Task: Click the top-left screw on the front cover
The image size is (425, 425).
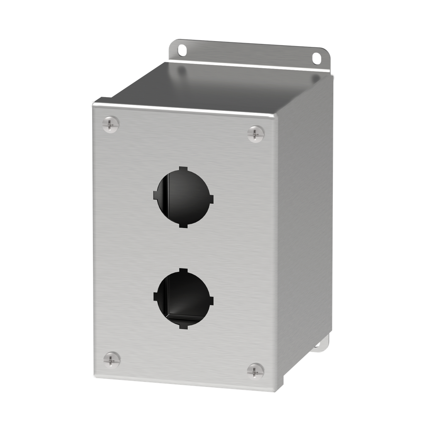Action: (110, 124)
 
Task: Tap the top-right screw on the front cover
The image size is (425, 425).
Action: (256, 134)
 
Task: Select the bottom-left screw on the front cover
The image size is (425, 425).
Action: (112, 359)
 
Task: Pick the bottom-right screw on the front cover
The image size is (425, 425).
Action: (255, 371)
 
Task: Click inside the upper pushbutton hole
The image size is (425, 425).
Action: (183, 197)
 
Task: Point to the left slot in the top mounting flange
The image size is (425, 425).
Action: (182, 51)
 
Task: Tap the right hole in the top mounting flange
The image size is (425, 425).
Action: (317, 58)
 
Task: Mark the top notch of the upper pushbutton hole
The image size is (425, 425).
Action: (184, 169)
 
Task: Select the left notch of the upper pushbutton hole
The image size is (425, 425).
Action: (156, 195)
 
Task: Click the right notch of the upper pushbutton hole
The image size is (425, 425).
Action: (211, 199)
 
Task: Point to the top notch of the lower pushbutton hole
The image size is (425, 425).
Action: (184, 271)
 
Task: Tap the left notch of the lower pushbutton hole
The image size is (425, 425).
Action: (156, 296)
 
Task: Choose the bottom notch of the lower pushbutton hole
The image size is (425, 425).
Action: (183, 326)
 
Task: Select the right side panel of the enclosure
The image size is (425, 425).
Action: (305, 232)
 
